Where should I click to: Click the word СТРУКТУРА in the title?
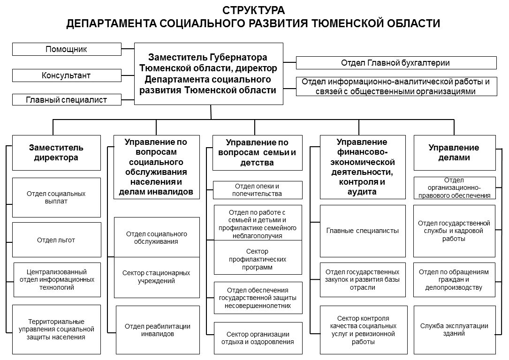253,10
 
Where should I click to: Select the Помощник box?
66,49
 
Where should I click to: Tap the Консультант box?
66,75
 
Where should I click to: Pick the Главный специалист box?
66,100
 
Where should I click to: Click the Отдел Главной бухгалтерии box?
396,63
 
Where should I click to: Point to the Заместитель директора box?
56,153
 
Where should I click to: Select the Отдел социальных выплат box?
56,197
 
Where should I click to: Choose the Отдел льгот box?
56,240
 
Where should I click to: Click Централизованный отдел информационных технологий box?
57,279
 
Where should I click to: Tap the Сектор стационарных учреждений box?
156,277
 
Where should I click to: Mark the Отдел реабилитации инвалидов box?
157,330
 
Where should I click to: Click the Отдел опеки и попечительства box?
258,190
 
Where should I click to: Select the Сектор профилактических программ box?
258,259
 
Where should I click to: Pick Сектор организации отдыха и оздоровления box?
258,337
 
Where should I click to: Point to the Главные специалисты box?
363,231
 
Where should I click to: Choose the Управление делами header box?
454,153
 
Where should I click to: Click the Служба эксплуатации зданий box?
454,330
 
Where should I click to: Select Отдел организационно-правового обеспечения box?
454,188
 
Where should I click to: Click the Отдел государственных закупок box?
363,279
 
